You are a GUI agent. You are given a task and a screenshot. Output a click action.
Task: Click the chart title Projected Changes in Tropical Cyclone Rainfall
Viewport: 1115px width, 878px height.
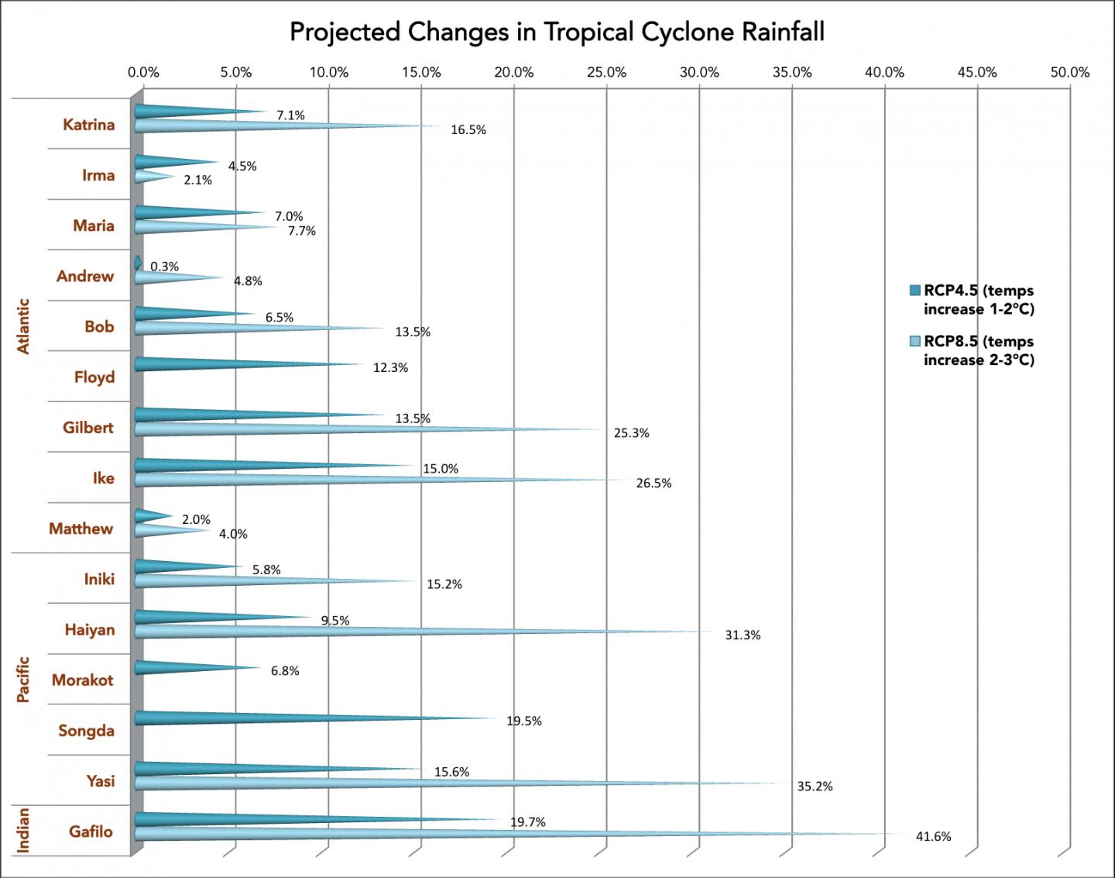click(557, 32)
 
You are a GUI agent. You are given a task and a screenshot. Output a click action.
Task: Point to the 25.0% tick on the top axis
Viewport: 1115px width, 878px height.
click(606, 72)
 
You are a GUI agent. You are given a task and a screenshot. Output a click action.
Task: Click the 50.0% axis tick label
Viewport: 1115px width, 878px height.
click(1069, 72)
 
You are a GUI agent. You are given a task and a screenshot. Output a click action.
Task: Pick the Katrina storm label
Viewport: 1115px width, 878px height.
click(88, 125)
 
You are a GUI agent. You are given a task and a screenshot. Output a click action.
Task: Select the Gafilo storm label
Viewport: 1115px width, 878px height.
click(91, 832)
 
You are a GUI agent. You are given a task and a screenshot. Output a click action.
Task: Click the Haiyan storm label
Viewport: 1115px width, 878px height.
click(90, 629)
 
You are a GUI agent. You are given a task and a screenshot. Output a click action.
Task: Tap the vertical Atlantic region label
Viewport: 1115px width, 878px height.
click(23, 326)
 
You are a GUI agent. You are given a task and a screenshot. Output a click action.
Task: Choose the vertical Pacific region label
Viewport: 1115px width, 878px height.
click(23, 680)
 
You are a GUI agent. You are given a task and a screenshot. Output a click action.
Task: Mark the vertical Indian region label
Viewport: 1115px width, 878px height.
click(23, 830)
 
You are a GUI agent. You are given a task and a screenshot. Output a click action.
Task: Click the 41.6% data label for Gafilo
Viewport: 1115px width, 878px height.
click(933, 837)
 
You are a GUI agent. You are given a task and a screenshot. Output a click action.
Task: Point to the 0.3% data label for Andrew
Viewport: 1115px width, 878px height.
click(164, 267)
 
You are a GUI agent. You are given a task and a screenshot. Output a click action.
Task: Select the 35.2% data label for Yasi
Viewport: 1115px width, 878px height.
click(815, 787)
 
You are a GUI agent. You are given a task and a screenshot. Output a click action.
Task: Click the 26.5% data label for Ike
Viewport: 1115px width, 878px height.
click(654, 484)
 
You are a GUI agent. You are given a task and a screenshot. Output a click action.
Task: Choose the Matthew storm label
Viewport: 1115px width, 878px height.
click(81, 529)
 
